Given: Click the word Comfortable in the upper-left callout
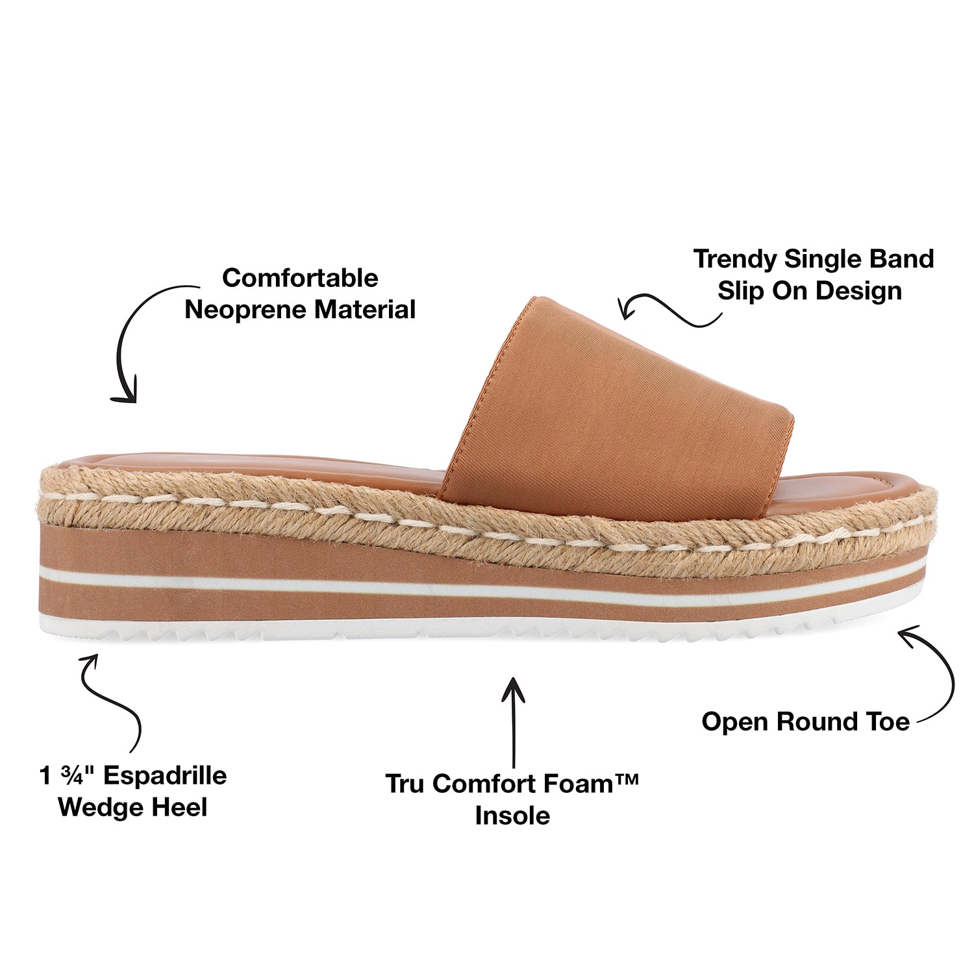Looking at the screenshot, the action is [300, 278].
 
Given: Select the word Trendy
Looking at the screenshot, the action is [735, 260].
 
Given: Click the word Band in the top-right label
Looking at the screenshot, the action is [901, 258].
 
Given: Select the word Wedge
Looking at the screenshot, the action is [101, 808].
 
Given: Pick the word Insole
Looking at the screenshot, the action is [512, 816].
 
